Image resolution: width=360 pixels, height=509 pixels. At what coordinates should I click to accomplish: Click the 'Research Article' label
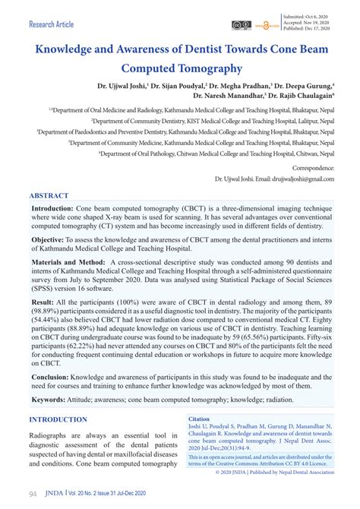52,24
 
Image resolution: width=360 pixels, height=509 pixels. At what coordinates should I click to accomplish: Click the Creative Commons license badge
242,24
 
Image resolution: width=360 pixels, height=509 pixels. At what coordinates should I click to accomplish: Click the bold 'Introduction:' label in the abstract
52,207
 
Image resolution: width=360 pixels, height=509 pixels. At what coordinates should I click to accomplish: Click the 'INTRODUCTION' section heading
58,419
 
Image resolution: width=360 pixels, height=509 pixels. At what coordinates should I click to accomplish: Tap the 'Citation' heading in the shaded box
199,419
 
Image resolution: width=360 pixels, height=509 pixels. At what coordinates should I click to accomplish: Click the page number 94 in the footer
34,493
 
